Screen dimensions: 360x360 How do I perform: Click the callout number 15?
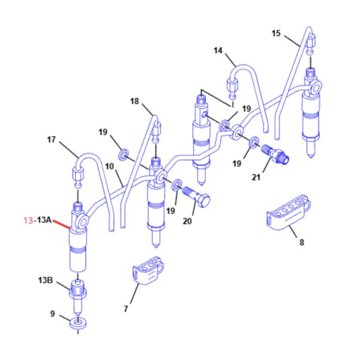pyautogui.click(x=276, y=34)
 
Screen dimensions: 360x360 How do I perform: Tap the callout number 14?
pyautogui.click(x=218, y=50)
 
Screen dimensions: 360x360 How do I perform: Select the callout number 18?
pyautogui.click(x=134, y=101)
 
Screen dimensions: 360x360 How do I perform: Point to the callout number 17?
pyautogui.click(x=51, y=140)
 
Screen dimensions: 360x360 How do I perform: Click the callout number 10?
pyautogui.click(x=110, y=166)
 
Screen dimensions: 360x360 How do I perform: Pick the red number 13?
pyautogui.click(x=28, y=221)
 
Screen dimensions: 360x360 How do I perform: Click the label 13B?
pyautogui.click(x=46, y=280)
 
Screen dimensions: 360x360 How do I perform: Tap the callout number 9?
pyautogui.click(x=53, y=314)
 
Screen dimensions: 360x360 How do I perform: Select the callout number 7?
pyautogui.click(x=126, y=309)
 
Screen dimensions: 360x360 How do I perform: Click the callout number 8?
pyautogui.click(x=302, y=242)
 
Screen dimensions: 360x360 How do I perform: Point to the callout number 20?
pyautogui.click(x=187, y=221)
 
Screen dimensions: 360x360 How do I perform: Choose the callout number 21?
pyautogui.click(x=256, y=177)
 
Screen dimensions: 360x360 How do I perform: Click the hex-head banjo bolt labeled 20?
pyautogui.click(x=197, y=197)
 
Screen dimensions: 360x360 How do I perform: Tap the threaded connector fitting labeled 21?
pyautogui.click(x=275, y=154)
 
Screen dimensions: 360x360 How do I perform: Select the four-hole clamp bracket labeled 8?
pyautogui.click(x=289, y=212)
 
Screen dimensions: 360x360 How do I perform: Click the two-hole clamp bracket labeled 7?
pyautogui.click(x=148, y=271)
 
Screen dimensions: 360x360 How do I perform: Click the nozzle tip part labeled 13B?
pyautogui.click(x=78, y=297)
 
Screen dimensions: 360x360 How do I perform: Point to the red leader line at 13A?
pyautogui.click(x=62, y=224)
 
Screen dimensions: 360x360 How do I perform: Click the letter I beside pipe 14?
pyautogui.click(x=232, y=104)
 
